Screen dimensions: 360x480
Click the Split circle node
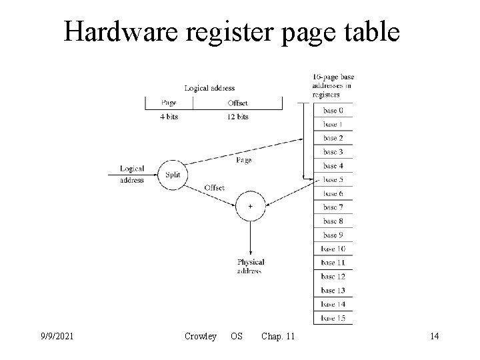click(x=171, y=175)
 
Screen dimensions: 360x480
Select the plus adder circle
click(x=250, y=206)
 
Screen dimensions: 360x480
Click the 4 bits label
click(x=169, y=117)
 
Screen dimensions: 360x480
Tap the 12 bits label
click(x=237, y=117)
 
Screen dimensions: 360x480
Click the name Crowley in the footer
click(x=201, y=337)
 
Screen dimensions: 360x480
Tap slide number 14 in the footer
click(x=434, y=337)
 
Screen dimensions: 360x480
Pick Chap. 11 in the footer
click(x=278, y=337)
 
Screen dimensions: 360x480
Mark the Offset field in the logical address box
click(x=237, y=103)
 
